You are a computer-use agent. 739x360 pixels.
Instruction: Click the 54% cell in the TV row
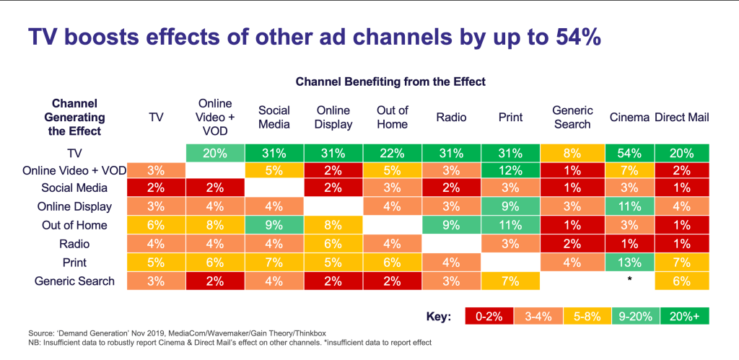(x=629, y=153)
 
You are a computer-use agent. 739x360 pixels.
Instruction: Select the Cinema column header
(x=629, y=118)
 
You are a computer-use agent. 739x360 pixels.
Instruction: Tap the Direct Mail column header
(x=681, y=118)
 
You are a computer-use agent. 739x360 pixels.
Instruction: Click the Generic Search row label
(x=74, y=281)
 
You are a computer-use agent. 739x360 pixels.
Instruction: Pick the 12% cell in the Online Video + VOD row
(x=511, y=170)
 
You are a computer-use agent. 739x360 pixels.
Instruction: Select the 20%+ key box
(x=685, y=316)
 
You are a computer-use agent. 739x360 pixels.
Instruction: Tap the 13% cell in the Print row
(x=629, y=263)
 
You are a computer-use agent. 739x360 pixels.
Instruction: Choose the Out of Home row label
(x=74, y=225)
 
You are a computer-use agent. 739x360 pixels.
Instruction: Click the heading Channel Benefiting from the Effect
(x=390, y=82)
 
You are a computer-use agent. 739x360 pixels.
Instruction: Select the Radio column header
(x=452, y=118)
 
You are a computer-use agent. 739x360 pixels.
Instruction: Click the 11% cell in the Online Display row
(x=629, y=206)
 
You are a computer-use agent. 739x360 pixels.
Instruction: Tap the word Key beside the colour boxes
(x=438, y=317)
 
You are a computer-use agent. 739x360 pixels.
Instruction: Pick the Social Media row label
(x=74, y=188)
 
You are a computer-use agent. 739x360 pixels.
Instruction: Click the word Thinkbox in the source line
(x=309, y=333)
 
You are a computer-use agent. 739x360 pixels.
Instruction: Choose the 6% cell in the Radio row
(x=333, y=244)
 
